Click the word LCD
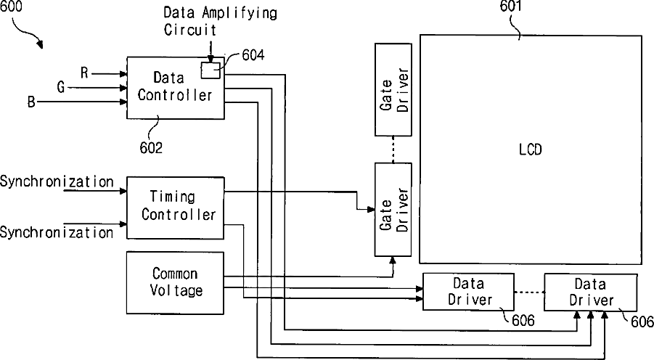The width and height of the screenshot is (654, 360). pyautogui.click(x=530, y=150)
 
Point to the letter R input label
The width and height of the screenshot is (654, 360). pyautogui.click(x=84, y=73)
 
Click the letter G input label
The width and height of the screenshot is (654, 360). pyautogui.click(x=61, y=87)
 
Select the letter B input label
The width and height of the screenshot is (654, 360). pyautogui.click(x=31, y=102)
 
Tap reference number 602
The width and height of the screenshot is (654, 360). pyautogui.click(x=151, y=147)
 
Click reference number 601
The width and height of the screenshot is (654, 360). pyautogui.click(x=511, y=7)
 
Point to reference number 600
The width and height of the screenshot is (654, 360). pyautogui.click(x=12, y=7)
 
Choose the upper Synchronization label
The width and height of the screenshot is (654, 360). pyautogui.click(x=57, y=182)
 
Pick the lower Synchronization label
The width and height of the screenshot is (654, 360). pyautogui.click(x=57, y=232)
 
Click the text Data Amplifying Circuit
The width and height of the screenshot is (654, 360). pyautogui.click(x=220, y=21)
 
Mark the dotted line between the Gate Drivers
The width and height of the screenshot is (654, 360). pyautogui.click(x=393, y=150)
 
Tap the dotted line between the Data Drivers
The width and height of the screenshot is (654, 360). pyautogui.click(x=529, y=292)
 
